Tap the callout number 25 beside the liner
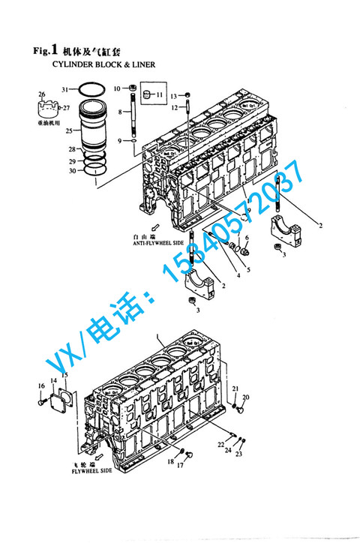click(68, 130)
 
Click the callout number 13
click(172, 96)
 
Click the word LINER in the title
click(143, 64)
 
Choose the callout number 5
click(250, 268)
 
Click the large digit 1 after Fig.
click(54, 50)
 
